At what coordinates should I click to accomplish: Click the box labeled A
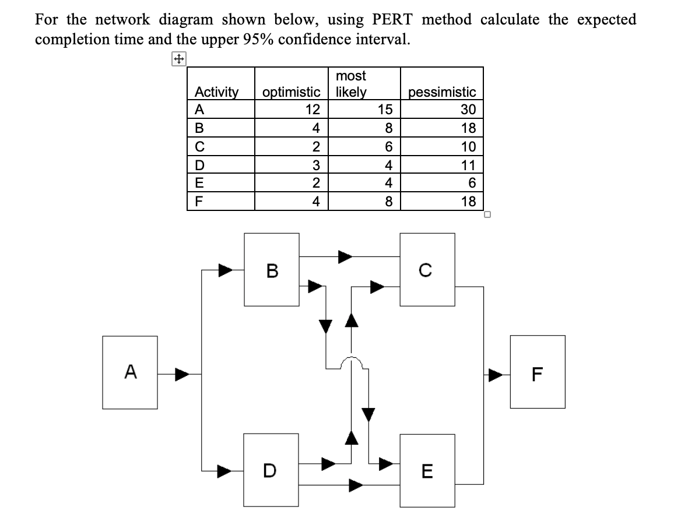[130, 372]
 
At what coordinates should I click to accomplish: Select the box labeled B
[271, 270]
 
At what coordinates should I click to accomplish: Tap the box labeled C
[427, 270]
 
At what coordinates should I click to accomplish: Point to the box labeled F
[538, 372]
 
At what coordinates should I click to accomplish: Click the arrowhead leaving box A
[182, 372]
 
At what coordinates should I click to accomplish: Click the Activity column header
[216, 92]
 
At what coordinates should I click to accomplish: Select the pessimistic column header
[442, 92]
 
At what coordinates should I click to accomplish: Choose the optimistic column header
[292, 92]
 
